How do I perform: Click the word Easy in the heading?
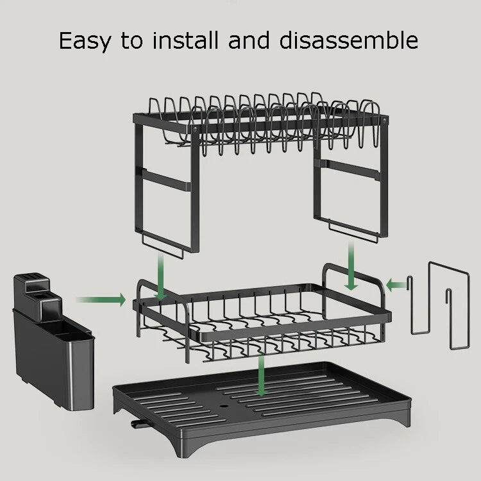[87, 40]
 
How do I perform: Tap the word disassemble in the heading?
[349, 40]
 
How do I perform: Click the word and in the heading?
[250, 40]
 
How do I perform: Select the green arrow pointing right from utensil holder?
[101, 300]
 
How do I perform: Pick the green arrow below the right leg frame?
[351, 267]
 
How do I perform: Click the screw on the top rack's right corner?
[384, 120]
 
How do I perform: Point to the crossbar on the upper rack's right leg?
[350, 171]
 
